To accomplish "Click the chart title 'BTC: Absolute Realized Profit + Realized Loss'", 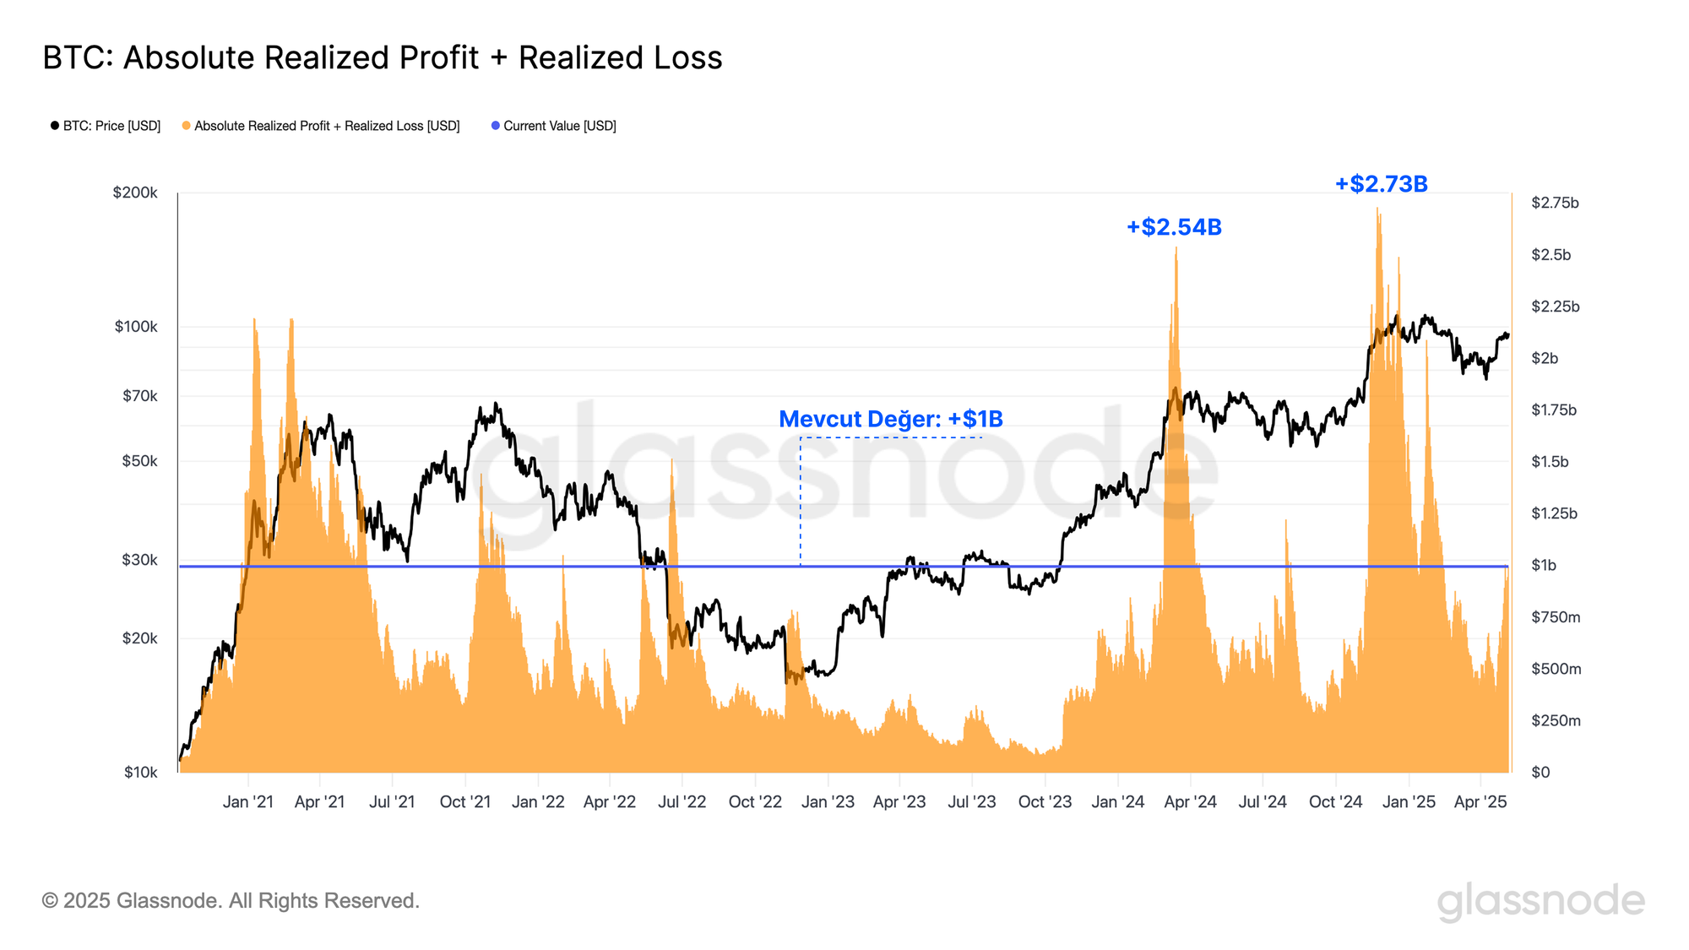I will point(383,58).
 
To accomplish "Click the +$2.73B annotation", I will point(1381,184).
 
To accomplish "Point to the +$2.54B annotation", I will point(1174,227).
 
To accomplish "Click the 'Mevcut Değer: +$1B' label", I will point(890,419).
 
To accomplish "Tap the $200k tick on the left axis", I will point(135,193).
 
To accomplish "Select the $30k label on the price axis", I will point(139,560).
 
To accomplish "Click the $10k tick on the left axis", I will point(140,772).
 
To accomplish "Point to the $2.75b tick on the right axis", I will point(1555,203).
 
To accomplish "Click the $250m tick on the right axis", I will point(1556,720).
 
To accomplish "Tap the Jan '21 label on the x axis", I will point(247,801).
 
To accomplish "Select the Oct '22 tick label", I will point(755,801).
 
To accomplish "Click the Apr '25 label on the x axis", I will point(1480,801).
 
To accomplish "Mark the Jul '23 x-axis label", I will point(971,801).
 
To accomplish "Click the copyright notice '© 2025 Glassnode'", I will point(231,901).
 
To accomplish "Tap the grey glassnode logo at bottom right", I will point(1540,901).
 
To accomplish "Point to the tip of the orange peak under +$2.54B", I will point(1176,247).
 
